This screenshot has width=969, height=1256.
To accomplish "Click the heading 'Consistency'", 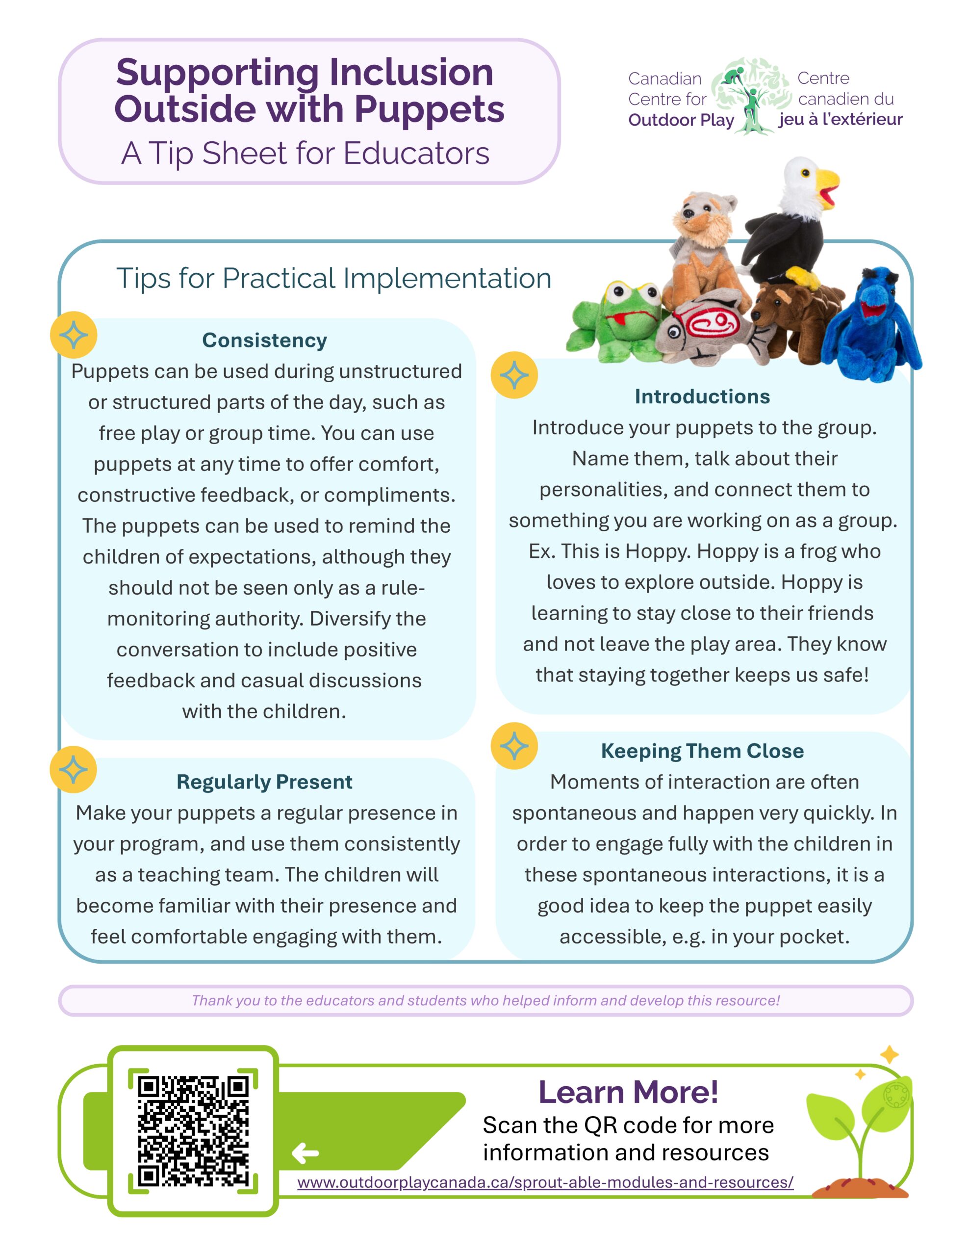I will (264, 340).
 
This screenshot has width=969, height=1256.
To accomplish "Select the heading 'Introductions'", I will (702, 397).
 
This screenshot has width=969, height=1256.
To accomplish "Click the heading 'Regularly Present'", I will (264, 782).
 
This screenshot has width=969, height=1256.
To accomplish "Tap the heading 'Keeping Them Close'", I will (702, 751).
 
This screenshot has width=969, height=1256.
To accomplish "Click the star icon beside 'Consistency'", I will (74, 335).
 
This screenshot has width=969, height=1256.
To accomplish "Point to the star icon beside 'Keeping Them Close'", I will (514, 746).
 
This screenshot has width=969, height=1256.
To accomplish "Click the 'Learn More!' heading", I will (628, 1093).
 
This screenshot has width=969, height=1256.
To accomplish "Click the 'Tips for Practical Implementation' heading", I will (333, 278).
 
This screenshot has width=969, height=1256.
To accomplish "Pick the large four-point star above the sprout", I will (889, 1055).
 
